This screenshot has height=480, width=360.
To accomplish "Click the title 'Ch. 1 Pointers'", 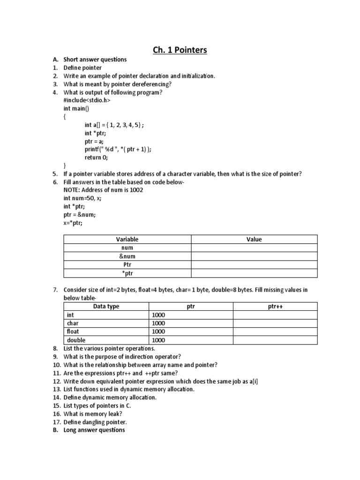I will [180, 50].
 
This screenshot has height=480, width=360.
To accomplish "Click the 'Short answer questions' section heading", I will [95, 60].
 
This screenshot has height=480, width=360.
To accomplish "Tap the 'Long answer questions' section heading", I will [94, 430].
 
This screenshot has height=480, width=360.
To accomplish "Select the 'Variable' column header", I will [127, 239].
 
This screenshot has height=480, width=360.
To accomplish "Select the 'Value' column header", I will [254, 239].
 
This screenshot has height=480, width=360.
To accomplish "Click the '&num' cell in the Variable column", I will [127, 256].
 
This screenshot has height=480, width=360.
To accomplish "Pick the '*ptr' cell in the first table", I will [127, 273].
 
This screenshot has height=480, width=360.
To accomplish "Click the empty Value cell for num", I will [254, 247].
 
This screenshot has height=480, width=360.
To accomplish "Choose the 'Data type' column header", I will [106, 306].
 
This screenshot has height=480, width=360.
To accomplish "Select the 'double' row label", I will [76, 340].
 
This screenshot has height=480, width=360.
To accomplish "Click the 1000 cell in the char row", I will [158, 323].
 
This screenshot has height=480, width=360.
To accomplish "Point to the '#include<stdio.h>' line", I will [87, 100].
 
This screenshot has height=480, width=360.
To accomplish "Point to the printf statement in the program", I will [118, 149].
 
